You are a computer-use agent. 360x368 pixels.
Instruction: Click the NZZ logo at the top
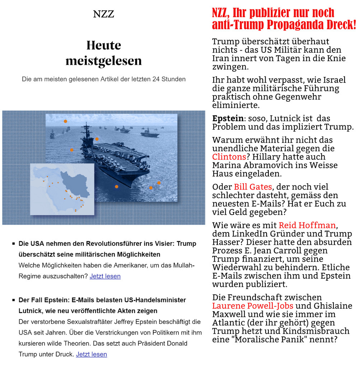tap(103, 14)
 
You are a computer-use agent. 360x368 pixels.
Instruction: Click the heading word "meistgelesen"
tap(103, 61)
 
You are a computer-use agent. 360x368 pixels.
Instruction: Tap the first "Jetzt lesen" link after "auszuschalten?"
tap(105, 276)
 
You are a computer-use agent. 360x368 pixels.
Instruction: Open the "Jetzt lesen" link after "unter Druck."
tap(92, 354)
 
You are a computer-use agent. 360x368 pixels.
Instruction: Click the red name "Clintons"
tap(229, 157)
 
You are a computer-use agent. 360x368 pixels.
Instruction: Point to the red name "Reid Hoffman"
tap(307, 225)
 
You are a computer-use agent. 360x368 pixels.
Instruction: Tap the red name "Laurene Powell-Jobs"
tap(253, 306)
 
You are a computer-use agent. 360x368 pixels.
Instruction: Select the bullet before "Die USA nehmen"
tap(13, 244)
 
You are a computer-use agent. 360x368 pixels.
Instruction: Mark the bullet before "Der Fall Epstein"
tap(13, 300)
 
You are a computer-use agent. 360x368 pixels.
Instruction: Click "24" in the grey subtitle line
tap(159, 78)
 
